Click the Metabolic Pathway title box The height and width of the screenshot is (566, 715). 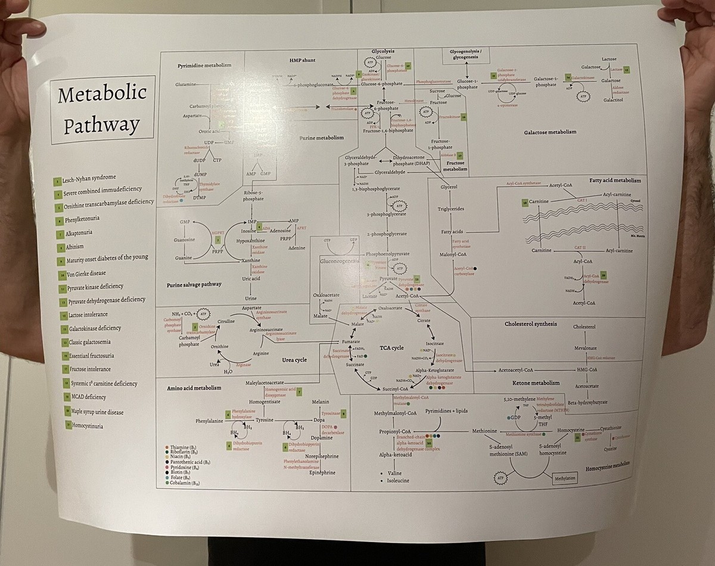click(x=102, y=109)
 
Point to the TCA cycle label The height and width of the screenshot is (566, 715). click(x=391, y=348)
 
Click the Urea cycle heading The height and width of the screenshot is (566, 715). click(x=294, y=360)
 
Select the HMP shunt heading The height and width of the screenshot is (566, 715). click(x=303, y=60)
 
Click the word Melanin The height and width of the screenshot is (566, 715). click(x=321, y=402)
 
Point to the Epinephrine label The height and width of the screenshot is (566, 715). click(x=322, y=472)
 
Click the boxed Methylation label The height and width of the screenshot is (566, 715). click(x=564, y=478)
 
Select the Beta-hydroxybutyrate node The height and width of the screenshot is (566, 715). click(x=587, y=402)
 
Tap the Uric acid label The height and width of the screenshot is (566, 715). click(x=251, y=278)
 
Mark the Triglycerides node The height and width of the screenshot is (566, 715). click(x=451, y=209)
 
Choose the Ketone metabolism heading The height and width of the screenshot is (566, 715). click(x=536, y=383)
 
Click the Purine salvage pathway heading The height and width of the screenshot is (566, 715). click(x=194, y=284)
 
